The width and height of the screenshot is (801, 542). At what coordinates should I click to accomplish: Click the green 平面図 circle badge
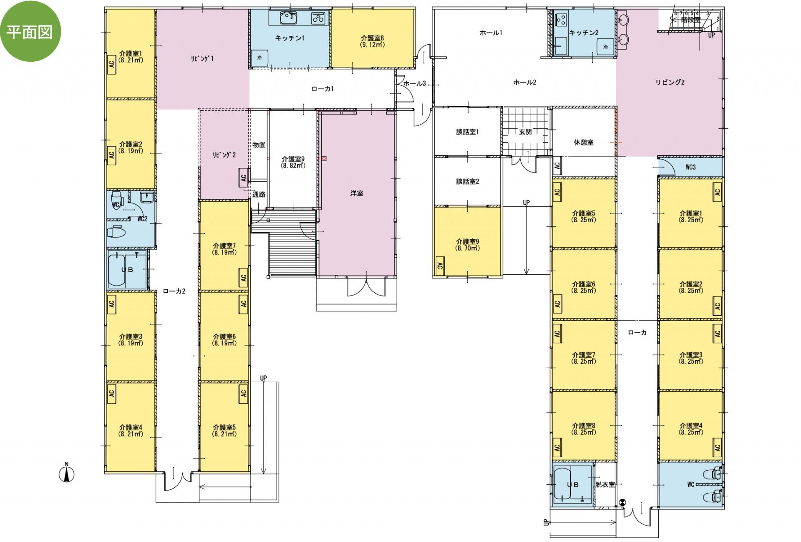30,31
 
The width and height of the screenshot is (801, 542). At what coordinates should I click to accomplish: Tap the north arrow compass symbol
66,473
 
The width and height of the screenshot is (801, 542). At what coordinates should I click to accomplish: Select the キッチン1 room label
290,38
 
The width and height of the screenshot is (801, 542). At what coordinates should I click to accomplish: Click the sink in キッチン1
288,18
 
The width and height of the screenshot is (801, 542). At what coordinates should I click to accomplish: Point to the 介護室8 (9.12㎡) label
373,41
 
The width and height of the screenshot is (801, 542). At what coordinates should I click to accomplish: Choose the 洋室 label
357,193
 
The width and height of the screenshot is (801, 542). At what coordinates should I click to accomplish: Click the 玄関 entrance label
526,132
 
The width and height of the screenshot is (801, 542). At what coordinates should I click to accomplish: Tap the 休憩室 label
584,142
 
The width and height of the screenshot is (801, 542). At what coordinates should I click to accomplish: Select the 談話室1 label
467,132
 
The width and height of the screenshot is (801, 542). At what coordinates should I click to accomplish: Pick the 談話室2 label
467,182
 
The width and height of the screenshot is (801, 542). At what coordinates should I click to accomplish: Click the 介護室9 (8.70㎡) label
468,245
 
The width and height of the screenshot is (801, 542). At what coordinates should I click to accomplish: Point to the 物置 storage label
259,145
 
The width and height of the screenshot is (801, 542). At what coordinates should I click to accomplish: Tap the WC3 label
691,167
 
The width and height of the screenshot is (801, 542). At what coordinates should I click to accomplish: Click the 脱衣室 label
605,485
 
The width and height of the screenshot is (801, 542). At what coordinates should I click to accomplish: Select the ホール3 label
415,84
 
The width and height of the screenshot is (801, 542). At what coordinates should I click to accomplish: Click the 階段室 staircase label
691,20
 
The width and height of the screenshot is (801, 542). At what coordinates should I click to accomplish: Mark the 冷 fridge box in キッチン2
605,47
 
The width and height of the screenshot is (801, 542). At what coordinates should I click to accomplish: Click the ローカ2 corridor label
174,291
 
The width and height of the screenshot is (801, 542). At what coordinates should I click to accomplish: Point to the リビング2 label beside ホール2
670,82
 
